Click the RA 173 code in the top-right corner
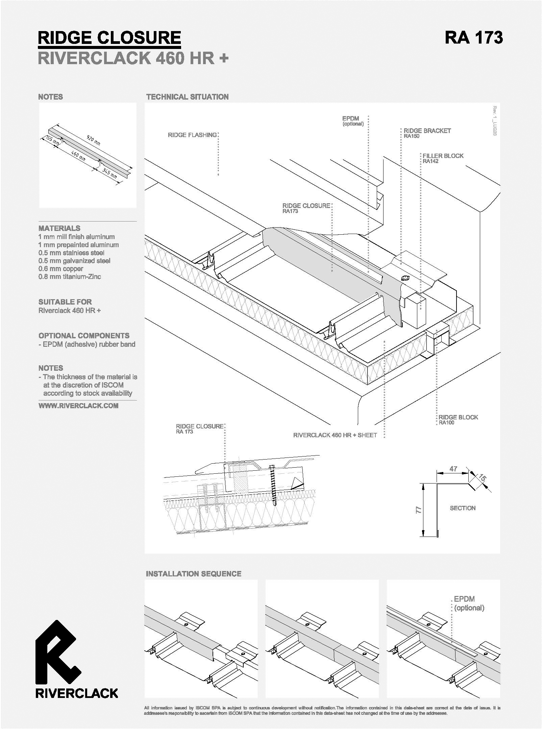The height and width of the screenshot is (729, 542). point(473,37)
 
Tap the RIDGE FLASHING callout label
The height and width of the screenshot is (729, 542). point(192,135)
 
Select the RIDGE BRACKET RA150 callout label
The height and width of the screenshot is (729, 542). point(427,133)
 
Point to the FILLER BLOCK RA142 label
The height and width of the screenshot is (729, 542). point(443,158)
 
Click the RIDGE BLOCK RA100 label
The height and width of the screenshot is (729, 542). point(458,419)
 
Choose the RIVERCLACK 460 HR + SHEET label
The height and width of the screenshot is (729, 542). point(335,435)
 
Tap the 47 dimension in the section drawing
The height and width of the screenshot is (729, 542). point(453,469)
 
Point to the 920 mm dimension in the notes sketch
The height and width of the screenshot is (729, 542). point(94,140)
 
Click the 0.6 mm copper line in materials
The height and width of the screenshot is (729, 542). point(61,269)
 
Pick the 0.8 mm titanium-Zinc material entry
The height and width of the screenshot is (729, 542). point(70,277)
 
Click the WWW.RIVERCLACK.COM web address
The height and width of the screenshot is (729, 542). point(78,406)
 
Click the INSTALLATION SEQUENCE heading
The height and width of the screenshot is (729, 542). point(194,574)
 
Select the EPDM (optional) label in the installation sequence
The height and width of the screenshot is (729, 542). point(469,603)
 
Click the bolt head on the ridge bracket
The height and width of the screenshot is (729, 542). point(404,278)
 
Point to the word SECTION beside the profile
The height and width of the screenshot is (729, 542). point(463,508)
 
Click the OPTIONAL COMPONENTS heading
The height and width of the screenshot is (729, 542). point(84,336)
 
